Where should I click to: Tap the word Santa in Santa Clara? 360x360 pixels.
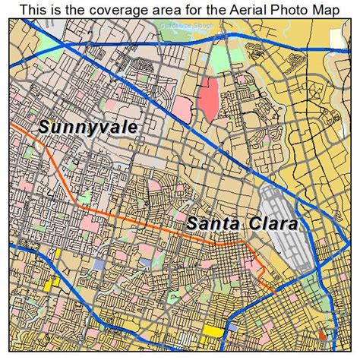pyautogui.click(x=212, y=224)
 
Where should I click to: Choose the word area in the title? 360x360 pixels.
pyautogui.click(x=166, y=9)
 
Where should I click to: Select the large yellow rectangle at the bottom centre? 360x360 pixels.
pyautogui.click(x=213, y=330)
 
